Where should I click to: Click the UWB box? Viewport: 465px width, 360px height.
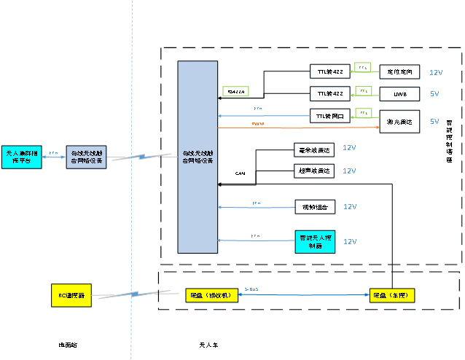pos(400,95)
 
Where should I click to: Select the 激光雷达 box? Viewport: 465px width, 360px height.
pos(400,122)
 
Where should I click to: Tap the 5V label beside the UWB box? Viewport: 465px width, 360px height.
pos(434,94)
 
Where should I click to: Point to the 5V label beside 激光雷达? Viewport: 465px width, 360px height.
pos(434,121)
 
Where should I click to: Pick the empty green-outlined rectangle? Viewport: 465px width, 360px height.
pos(235,91)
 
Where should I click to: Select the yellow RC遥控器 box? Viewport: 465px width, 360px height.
pos(71,295)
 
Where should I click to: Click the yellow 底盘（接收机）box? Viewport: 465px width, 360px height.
pos(210,295)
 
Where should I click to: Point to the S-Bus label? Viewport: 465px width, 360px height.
pos(252,289)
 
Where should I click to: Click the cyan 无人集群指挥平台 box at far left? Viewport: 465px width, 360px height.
pos(22,157)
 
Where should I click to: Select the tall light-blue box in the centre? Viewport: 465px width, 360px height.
pos(198,157)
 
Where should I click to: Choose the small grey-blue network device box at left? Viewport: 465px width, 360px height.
pos(87,157)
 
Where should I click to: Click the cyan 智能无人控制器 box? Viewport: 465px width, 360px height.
pos(315,242)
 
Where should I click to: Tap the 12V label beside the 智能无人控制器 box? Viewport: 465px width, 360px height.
pos(350,241)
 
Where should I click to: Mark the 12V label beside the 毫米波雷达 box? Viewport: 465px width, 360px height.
pos(350,148)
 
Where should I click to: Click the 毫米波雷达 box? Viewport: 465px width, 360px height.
pos(315,150)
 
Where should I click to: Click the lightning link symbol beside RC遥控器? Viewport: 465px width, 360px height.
pos(135,295)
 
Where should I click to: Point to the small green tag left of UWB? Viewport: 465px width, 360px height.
pos(363,91)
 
